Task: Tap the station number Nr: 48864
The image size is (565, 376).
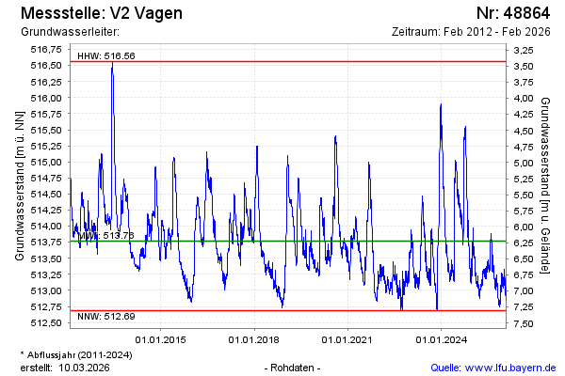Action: (x=512, y=14)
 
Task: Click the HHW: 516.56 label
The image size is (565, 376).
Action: (x=106, y=55)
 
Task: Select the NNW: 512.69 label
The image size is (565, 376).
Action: (x=106, y=316)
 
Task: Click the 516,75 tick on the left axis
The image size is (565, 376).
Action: (x=46, y=49)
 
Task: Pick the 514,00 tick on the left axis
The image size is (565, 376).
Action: (x=46, y=226)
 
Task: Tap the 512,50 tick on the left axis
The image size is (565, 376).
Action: (x=46, y=322)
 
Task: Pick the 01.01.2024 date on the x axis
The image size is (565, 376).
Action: (x=442, y=338)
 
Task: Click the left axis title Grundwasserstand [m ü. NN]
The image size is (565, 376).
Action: (x=20, y=185)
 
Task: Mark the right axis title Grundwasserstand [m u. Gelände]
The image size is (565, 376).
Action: (x=545, y=185)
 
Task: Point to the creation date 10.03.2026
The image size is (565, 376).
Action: (x=84, y=367)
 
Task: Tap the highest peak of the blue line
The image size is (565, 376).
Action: (x=112, y=64)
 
